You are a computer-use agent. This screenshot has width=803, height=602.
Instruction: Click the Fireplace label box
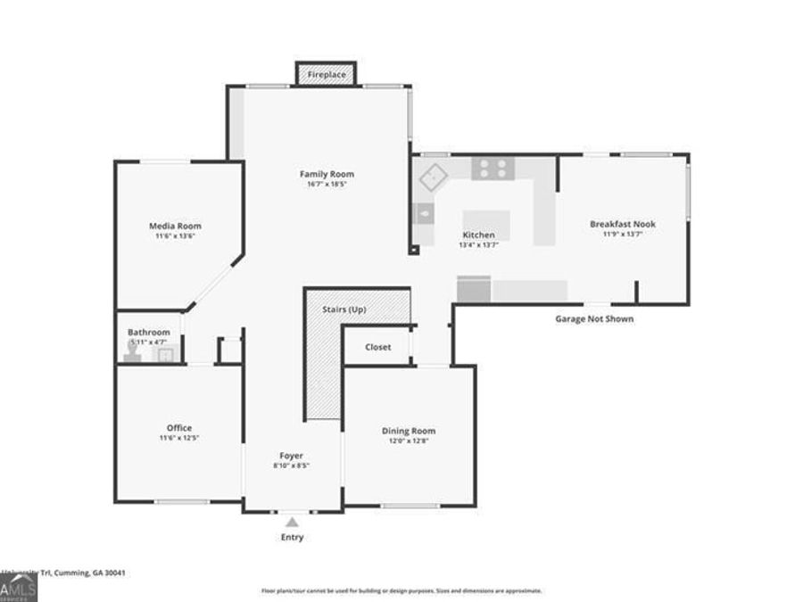(327, 75)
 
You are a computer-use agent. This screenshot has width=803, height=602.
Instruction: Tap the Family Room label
(327, 174)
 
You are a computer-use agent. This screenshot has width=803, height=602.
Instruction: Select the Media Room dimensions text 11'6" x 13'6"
(175, 236)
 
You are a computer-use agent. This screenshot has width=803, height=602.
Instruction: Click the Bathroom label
(148, 332)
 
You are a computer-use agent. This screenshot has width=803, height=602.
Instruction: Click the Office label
(179, 428)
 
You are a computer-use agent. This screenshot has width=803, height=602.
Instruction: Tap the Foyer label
(292, 456)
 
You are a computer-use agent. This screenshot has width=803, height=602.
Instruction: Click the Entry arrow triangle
(292, 523)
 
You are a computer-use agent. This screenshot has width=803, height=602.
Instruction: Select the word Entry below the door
(292, 538)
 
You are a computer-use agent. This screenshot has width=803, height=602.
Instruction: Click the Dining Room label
(409, 431)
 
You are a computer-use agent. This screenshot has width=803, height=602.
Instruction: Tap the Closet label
(378, 347)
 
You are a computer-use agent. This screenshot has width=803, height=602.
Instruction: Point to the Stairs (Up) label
(344, 309)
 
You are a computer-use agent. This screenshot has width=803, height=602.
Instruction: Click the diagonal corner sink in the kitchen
(435, 177)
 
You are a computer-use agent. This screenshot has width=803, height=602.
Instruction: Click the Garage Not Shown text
(594, 318)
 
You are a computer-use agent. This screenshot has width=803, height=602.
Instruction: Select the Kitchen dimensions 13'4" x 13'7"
(478, 244)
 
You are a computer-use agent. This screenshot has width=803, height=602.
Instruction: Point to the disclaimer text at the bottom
(401, 590)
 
